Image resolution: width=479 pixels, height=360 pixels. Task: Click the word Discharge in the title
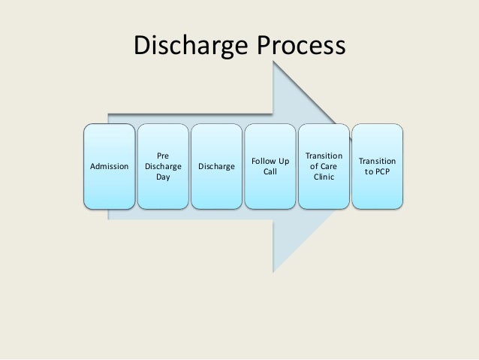tap(191, 47)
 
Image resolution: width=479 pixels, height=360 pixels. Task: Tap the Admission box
tap(109, 166)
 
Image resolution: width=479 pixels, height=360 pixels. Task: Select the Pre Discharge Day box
tap(163, 166)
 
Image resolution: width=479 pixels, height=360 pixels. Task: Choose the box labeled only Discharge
tap(216, 166)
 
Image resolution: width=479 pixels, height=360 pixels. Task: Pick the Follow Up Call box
tap(270, 166)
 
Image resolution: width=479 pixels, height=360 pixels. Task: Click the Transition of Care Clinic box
tap(323, 166)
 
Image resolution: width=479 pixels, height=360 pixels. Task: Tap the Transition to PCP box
tap(377, 166)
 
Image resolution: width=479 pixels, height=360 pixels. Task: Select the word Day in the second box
tap(163, 178)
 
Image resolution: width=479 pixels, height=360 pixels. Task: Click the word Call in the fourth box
tap(270, 172)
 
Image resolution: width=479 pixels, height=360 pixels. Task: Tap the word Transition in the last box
tap(377, 161)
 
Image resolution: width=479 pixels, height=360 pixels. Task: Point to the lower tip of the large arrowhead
tap(274, 271)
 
